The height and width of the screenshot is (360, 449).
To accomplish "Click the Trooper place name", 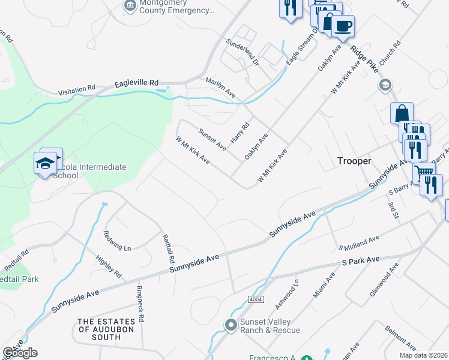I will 355,161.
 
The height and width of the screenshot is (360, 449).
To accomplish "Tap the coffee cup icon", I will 343,26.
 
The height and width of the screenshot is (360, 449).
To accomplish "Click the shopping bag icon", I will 402,113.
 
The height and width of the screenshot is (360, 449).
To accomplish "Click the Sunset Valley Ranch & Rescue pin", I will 231,325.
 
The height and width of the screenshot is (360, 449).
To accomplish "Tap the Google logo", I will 20,353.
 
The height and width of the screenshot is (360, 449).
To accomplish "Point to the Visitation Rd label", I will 77,90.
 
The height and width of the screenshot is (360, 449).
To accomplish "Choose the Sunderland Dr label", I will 241,52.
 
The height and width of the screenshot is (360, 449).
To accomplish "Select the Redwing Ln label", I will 117,240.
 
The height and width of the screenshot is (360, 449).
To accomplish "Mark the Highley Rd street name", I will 109,266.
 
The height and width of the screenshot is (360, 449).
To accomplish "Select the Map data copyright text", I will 423,355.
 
